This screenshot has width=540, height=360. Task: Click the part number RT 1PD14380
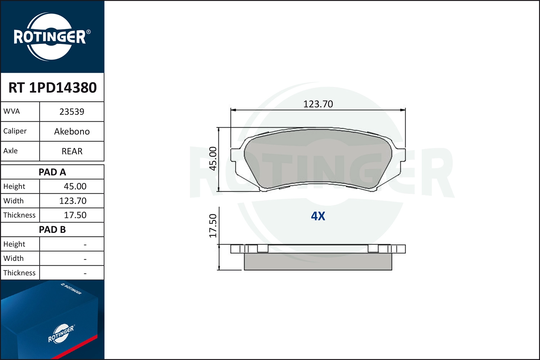coord(53,87)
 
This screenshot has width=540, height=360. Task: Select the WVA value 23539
coord(72,112)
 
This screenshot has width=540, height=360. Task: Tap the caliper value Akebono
coord(72,131)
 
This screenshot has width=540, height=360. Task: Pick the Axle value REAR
coord(72,151)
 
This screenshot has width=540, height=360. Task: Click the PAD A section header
coord(52,172)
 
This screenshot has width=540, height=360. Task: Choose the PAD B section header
coord(52,230)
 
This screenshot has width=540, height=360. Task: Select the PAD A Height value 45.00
coord(75,186)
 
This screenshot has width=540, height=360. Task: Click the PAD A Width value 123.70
coord(73,201)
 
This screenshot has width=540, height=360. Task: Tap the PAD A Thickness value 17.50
coord(75,215)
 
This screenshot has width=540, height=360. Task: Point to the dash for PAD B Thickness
coord(85,273)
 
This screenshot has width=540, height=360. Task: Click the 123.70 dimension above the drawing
coord(318,104)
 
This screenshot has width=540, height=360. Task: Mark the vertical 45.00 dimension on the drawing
coord(213,158)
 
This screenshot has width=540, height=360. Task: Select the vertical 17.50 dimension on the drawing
coord(213,226)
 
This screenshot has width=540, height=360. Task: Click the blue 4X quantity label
coord(318,216)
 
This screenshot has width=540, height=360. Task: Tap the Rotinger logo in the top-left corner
coord(50,37)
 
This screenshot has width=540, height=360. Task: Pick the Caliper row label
coord(15,131)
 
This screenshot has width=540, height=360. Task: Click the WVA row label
coord(12,111)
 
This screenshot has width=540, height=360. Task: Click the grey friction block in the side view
coord(318,261)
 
